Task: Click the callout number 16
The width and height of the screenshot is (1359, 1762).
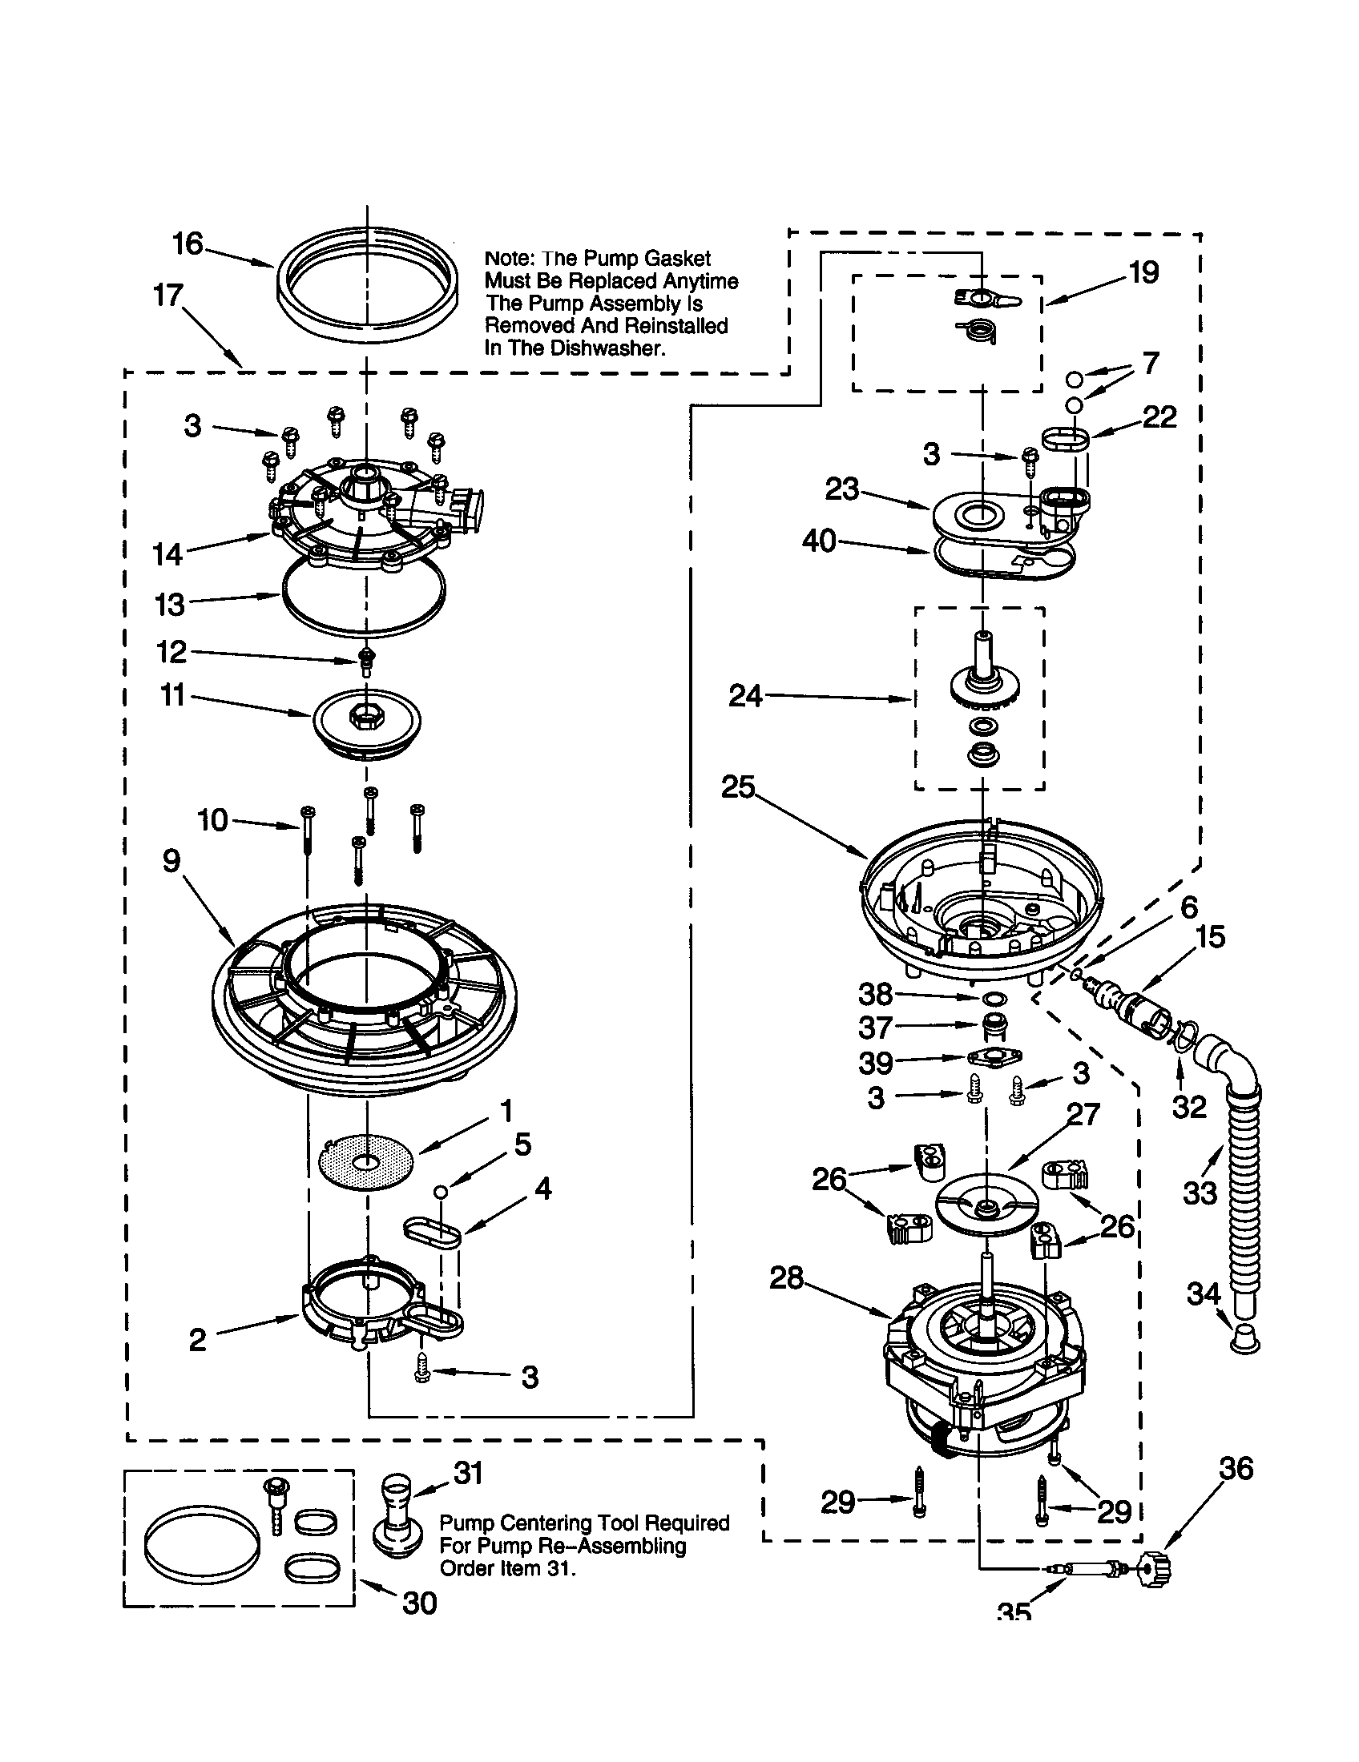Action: (188, 243)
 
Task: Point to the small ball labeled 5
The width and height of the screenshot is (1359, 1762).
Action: (441, 1192)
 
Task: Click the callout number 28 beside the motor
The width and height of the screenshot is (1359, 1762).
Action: (786, 1277)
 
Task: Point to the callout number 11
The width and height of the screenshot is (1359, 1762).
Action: (174, 694)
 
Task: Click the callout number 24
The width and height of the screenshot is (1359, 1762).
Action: (745, 695)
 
